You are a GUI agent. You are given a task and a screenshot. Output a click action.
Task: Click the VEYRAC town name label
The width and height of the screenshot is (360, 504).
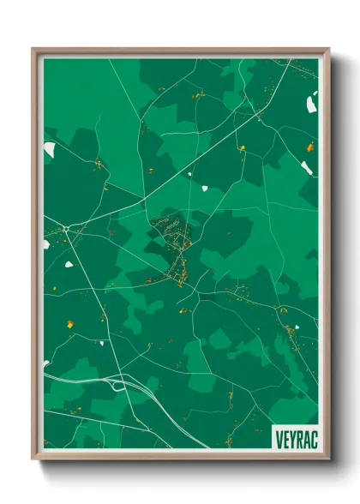(294, 437)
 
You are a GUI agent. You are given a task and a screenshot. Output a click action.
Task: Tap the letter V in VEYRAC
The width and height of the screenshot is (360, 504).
(279, 437)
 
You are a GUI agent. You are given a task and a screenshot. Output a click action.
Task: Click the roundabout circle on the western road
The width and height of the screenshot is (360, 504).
(65, 229)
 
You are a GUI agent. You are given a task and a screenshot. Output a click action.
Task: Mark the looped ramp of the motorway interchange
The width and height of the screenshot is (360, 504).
(119, 385)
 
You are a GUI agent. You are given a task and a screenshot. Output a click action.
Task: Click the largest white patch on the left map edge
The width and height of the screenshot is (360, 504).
(50, 150)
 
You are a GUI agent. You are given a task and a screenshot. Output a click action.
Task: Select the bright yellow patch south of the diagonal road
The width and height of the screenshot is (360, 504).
(242, 147)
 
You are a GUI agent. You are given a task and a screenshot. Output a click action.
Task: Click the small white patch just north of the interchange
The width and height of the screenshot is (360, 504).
(101, 343)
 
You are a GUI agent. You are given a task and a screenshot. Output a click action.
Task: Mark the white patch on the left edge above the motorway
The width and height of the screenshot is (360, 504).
(46, 363)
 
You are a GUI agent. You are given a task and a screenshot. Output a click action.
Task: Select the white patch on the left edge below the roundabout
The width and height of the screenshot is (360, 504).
(46, 243)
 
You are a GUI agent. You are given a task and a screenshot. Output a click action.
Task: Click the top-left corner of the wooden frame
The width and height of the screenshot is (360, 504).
(33, 49)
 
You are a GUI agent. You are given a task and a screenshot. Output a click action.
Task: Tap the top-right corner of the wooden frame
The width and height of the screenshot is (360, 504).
(328, 49)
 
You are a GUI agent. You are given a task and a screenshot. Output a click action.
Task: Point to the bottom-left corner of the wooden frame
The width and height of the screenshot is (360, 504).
(33, 459)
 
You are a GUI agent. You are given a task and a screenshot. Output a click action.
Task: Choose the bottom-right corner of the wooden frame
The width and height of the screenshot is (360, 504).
(328, 459)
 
